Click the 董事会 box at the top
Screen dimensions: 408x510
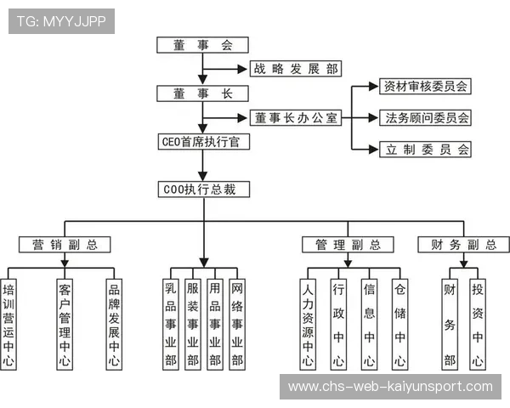pos(202,45)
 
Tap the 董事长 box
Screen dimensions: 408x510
pos(202,93)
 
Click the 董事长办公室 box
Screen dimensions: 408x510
pos(294,118)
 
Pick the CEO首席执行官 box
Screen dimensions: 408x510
pos(204,142)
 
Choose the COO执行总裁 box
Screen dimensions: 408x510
pos(204,190)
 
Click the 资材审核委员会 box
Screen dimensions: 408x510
pos(424,86)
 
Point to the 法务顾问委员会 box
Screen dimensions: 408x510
pos(424,117)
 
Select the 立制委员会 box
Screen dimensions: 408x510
pos(424,150)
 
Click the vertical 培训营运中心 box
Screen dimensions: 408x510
pos(10,325)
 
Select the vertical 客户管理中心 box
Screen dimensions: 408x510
pos(65,325)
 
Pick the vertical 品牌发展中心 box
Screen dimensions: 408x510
pos(114,325)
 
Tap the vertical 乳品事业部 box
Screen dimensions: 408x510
pos(171,325)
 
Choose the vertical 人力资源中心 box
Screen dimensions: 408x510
pos(308,325)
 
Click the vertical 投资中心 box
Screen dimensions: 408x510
pos(478,325)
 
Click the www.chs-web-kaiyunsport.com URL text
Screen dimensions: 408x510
pos(390,387)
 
